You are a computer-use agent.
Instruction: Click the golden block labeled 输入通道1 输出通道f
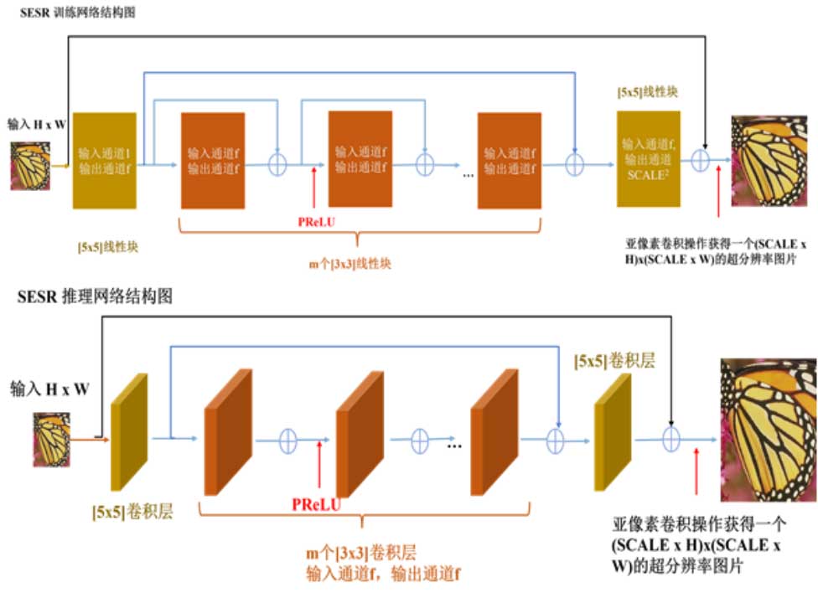coord(105,160)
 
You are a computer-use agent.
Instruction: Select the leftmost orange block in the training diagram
coord(213,160)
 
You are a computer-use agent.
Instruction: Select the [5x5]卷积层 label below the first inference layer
coord(132,512)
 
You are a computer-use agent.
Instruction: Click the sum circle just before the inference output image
coord(670,438)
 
